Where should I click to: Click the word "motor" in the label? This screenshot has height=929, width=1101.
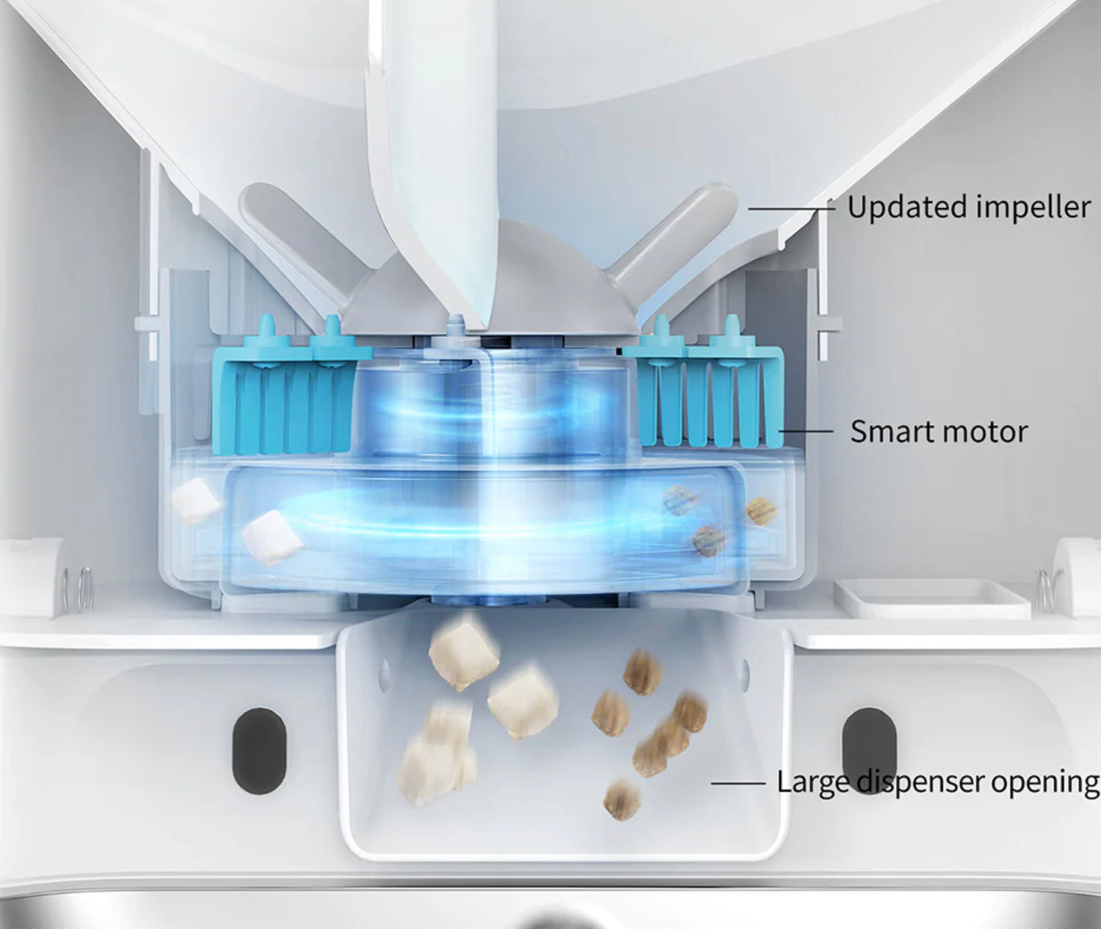(984, 432)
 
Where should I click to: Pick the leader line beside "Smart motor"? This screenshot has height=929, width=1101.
(806, 431)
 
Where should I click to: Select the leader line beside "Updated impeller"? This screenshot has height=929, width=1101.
(792, 209)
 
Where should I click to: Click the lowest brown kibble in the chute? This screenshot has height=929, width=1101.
(621, 801)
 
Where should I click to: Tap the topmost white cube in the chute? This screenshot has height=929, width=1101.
(464, 654)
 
